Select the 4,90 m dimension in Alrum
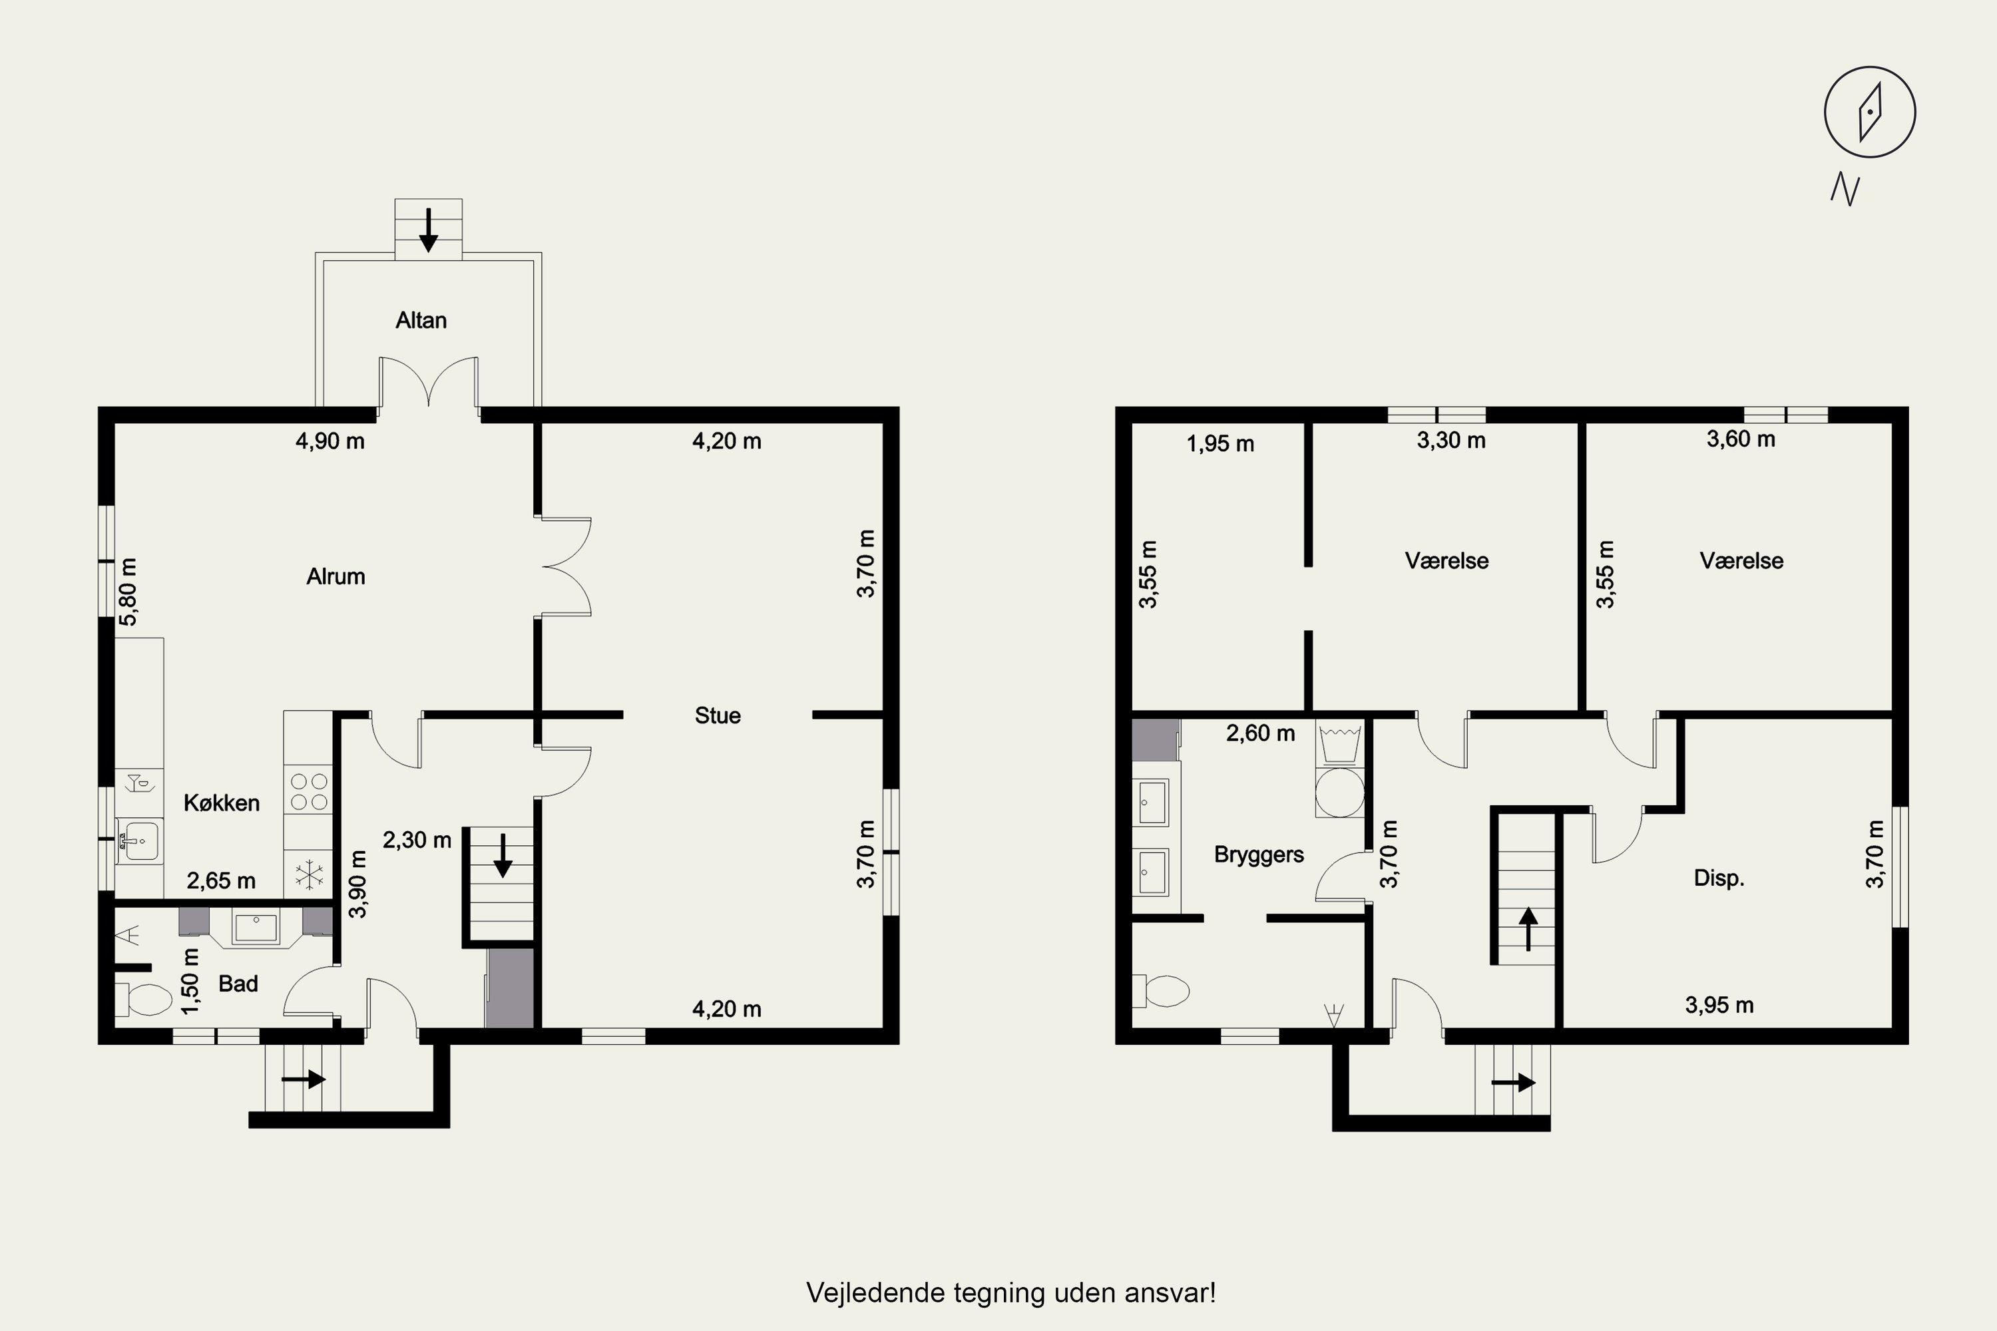[x=330, y=441]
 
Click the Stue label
[x=718, y=715]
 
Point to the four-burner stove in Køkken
[x=308, y=791]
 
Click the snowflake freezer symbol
[x=309, y=874]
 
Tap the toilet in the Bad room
[x=144, y=999]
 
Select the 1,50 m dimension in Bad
[x=191, y=981]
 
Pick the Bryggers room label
[x=1258, y=854]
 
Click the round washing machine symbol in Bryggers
[x=1339, y=792]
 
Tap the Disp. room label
[x=1719, y=878]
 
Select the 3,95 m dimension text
[x=1719, y=1005]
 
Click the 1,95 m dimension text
[x=1220, y=443]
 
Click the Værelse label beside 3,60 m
[x=1741, y=560]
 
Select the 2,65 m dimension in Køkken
[x=221, y=880]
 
